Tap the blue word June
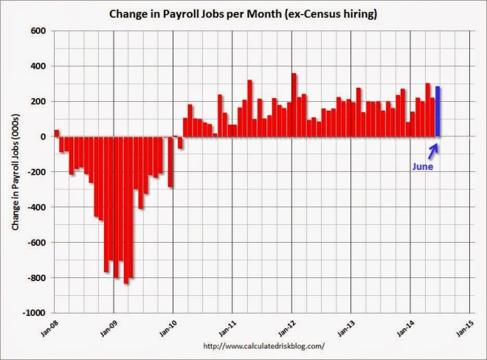coord(422,166)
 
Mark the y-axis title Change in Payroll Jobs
coord(15,172)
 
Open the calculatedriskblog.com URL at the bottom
coord(263,346)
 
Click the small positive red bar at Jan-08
coord(57,134)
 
